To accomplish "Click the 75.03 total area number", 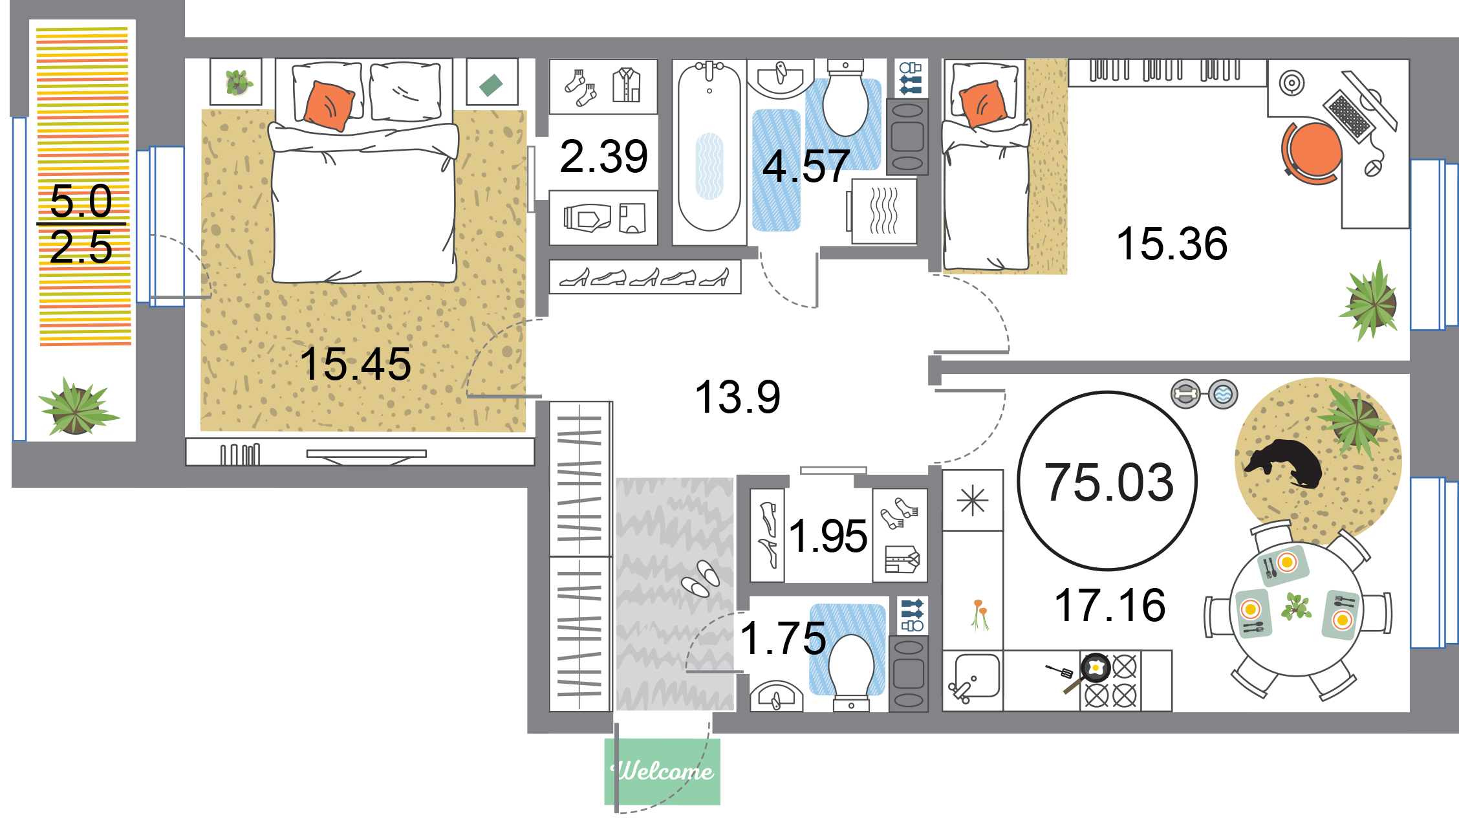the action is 1109,482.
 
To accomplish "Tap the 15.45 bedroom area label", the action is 355,364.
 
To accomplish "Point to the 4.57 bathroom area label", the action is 806,166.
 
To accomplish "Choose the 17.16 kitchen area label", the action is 1110,605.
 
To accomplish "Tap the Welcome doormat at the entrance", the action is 662,771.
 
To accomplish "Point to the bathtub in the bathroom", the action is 709,147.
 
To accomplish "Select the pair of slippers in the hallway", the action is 700,578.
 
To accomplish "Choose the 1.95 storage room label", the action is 828,536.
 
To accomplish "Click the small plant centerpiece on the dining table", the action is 1296,607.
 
